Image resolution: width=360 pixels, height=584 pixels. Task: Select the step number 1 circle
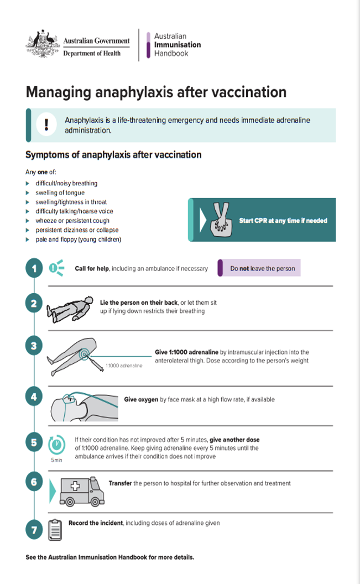pos(34,269)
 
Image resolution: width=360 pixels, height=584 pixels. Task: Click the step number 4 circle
pos(34,396)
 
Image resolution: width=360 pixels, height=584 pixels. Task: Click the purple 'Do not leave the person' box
pos(259,269)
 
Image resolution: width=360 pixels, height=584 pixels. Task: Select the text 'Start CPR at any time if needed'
pos(283,221)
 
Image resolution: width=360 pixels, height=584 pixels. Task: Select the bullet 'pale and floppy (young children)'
pos(78,239)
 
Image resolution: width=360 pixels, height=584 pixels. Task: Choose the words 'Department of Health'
pos(92,53)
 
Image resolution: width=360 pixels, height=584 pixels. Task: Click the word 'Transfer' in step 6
pos(121,483)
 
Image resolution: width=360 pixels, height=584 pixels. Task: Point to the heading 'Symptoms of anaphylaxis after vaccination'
pos(113,155)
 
